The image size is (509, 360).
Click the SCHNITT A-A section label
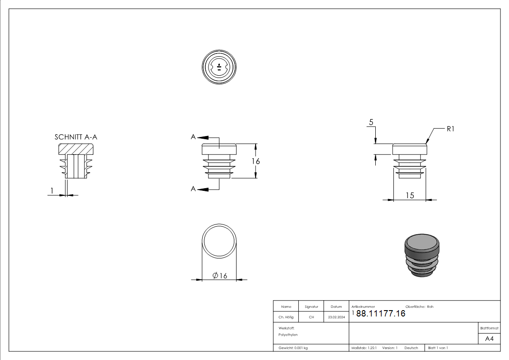click(x=76, y=136)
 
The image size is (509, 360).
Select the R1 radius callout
click(x=450, y=129)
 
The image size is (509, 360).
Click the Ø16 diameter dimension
click(x=220, y=275)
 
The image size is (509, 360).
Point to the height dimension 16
click(x=256, y=161)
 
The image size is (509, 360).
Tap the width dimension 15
click(x=410, y=195)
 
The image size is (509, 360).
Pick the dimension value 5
click(x=371, y=122)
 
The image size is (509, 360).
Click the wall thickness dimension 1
click(x=52, y=191)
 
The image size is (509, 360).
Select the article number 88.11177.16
click(x=381, y=313)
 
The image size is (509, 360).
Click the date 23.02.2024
click(x=336, y=317)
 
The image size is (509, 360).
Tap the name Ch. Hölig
click(x=286, y=317)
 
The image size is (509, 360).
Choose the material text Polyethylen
click(x=288, y=335)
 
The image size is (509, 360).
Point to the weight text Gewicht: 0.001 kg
click(x=293, y=348)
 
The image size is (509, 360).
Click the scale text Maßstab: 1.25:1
click(x=364, y=348)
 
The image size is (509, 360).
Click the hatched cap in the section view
click(x=76, y=148)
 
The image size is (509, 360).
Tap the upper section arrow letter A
click(x=194, y=136)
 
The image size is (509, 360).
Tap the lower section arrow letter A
click(x=194, y=189)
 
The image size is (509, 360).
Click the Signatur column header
click(x=311, y=307)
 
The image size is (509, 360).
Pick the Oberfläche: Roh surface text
click(x=419, y=307)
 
